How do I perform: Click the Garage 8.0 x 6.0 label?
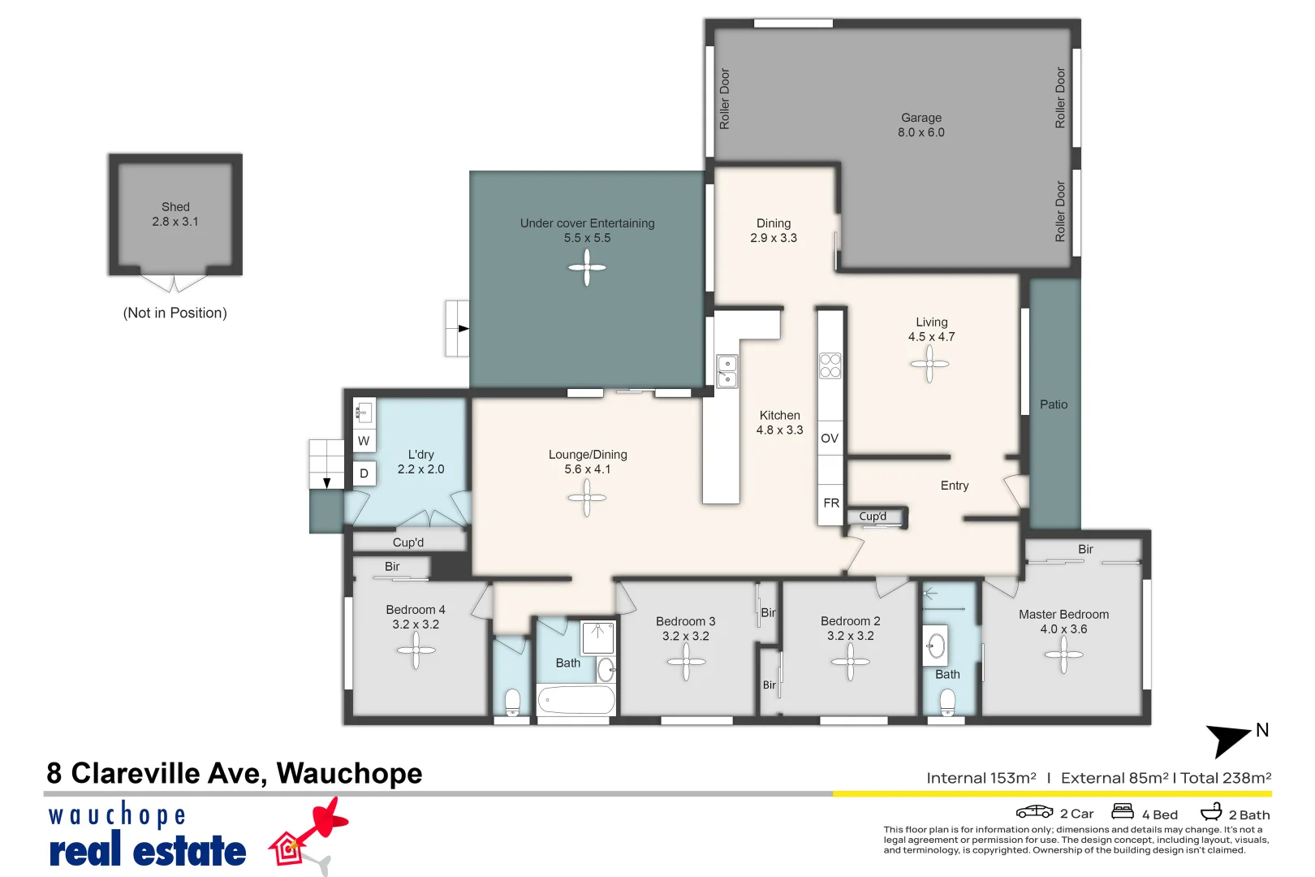921,125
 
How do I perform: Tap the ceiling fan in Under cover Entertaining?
587,267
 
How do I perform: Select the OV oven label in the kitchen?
829,438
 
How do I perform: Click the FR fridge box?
830,503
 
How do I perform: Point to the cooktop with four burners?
830,365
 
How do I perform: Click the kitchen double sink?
726,371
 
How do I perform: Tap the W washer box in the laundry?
364,441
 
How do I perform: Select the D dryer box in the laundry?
364,473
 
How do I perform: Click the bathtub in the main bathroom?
576,699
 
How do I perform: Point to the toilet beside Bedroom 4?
512,702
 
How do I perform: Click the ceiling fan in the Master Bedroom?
1063,655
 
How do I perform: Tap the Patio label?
1053,404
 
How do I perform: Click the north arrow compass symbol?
1230,737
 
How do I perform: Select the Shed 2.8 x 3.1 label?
175,214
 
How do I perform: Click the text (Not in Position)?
175,313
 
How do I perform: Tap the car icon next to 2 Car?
1034,811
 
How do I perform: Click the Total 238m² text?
1225,778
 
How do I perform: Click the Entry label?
954,486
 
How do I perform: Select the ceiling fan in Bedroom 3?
686,662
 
